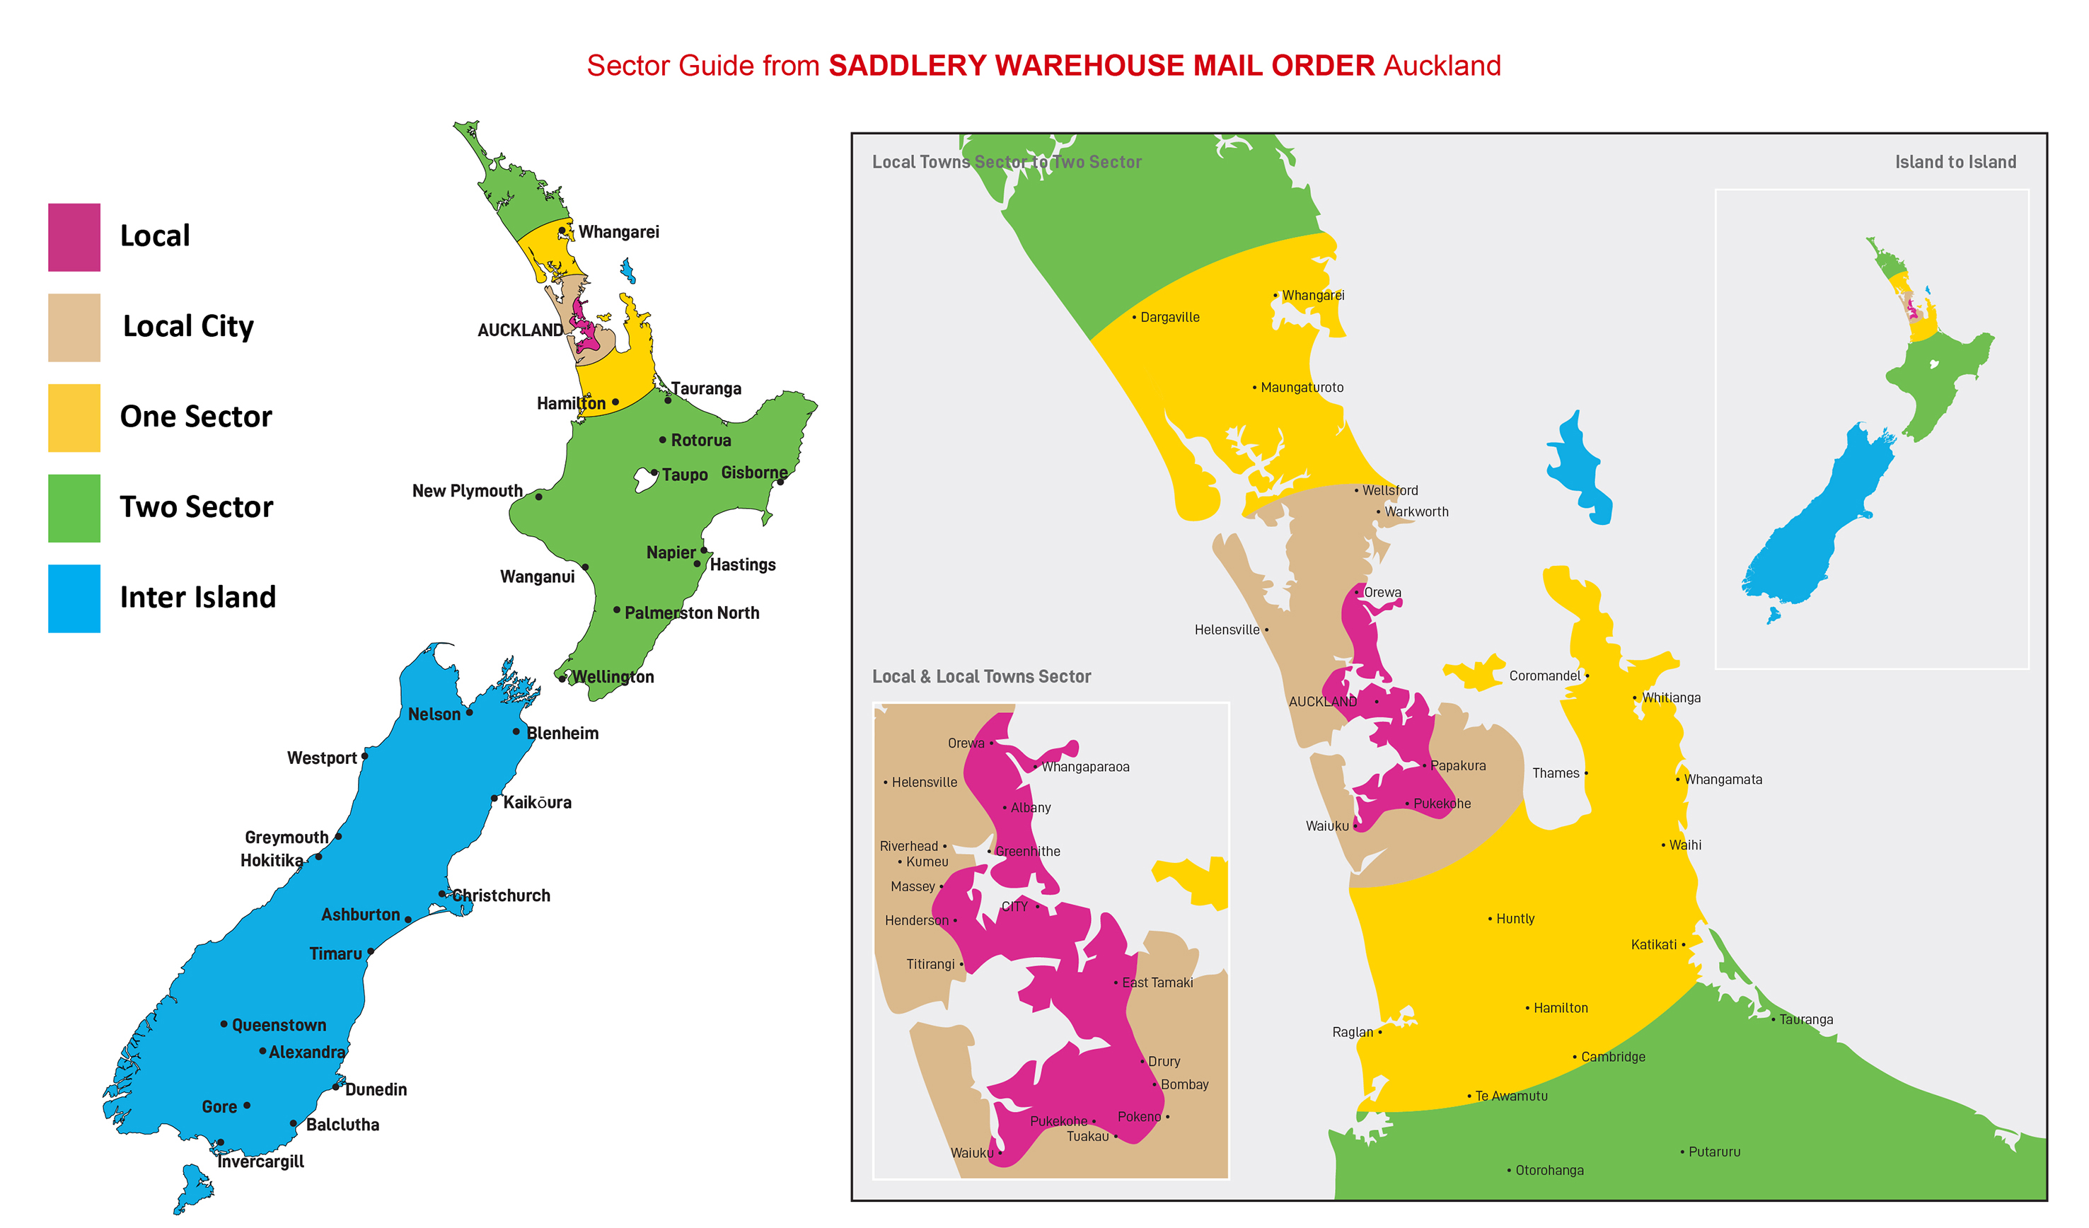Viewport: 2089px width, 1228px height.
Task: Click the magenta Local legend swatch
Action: (74, 237)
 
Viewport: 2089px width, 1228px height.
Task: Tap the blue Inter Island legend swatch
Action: (74, 598)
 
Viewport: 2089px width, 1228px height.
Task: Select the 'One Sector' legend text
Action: (196, 416)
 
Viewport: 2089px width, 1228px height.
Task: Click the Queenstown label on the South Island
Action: (279, 1025)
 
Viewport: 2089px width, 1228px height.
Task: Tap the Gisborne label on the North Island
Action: (753, 472)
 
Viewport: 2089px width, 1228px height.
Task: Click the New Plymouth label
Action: (467, 491)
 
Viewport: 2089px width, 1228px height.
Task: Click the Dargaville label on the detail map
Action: (1169, 317)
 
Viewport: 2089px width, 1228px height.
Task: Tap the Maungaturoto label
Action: (1302, 387)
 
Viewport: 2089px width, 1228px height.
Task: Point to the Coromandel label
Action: (1544, 676)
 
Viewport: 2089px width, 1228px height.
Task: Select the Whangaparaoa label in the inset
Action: (1085, 767)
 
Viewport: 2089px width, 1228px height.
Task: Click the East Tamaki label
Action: (1157, 983)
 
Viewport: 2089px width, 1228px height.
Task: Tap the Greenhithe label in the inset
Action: (1027, 851)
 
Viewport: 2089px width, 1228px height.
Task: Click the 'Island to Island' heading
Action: (1955, 162)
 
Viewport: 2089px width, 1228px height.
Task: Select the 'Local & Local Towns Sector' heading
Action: (980, 676)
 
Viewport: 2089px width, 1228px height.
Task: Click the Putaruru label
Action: (1713, 1152)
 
